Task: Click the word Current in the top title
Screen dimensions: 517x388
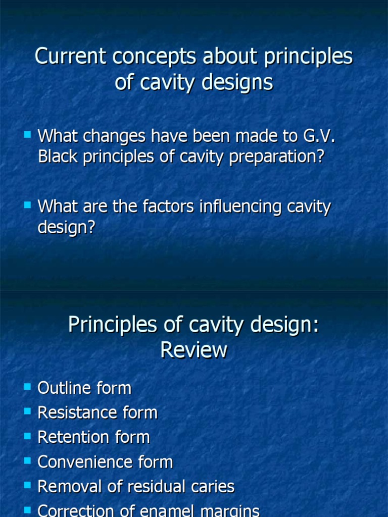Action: point(69,57)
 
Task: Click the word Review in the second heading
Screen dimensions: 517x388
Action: point(194,350)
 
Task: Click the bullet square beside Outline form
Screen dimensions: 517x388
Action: point(27,387)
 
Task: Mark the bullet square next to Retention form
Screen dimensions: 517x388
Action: point(27,436)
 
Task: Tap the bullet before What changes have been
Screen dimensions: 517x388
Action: point(27,135)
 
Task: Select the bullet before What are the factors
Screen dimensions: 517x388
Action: point(27,205)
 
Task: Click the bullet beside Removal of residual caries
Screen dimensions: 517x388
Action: point(27,485)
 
